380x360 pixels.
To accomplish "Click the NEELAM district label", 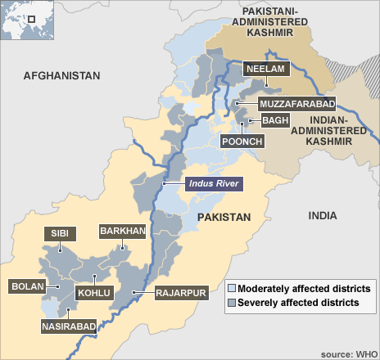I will pyautogui.click(x=266, y=70).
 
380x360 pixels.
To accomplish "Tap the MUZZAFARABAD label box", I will pyautogui.click(x=296, y=104).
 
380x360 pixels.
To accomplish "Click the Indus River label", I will pyautogui.click(x=213, y=185).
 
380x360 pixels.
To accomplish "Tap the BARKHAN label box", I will pyautogui.click(x=122, y=232).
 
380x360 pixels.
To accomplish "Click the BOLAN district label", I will pyautogui.click(x=27, y=286).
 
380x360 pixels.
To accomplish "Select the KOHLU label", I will pyautogui.click(x=89, y=292).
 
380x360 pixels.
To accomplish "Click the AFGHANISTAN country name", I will pyautogui.click(x=61, y=75).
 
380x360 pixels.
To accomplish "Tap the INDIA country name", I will pyautogui.click(x=322, y=215).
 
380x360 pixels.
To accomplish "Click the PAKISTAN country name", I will pyautogui.click(x=222, y=217).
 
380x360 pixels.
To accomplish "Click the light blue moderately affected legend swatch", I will pyautogui.click(x=232, y=289).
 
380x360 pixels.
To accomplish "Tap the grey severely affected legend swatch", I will pyautogui.click(x=232, y=303).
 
